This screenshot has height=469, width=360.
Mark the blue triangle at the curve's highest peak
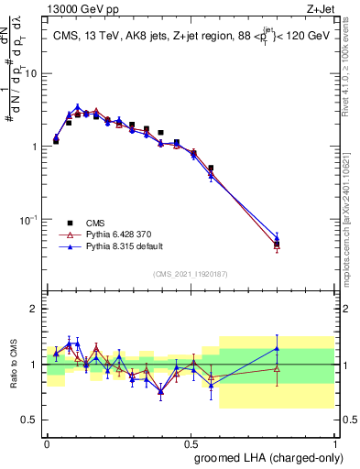coord(78,108)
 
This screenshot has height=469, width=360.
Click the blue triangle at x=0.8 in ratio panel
coord(277,348)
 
